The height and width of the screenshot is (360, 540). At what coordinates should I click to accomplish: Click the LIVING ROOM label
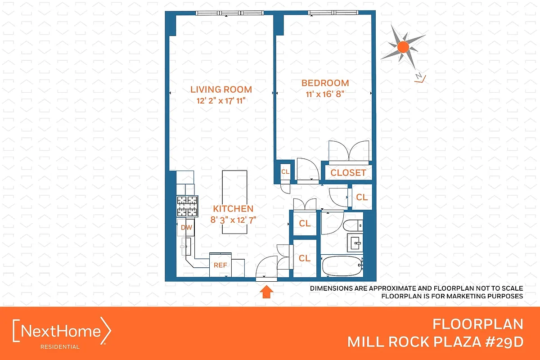click(x=221, y=89)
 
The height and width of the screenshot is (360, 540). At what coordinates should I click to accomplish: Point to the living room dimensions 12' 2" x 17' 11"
click(x=221, y=101)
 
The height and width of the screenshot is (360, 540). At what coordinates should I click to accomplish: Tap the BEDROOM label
click(x=325, y=83)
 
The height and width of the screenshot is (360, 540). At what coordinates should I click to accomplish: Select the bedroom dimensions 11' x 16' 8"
click(x=325, y=94)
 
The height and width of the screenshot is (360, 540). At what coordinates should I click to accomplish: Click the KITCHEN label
click(x=233, y=209)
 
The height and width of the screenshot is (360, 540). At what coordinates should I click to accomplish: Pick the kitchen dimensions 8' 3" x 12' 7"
click(x=233, y=220)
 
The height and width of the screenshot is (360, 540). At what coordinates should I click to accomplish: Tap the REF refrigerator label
click(x=220, y=265)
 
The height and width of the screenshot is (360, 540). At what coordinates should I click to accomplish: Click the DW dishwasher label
click(x=186, y=228)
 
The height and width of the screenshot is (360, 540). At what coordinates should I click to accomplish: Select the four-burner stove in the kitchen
click(x=187, y=207)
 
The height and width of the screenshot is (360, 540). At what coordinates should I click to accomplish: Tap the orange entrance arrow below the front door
click(x=266, y=292)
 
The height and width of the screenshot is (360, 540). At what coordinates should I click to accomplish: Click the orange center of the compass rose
click(x=403, y=46)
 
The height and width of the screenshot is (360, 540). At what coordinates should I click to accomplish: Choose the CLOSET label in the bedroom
click(x=348, y=173)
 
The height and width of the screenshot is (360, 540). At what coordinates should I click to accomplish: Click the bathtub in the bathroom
click(x=342, y=266)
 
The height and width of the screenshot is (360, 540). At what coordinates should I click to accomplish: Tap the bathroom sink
click(x=355, y=243)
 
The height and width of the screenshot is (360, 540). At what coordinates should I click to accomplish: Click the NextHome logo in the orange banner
click(x=62, y=332)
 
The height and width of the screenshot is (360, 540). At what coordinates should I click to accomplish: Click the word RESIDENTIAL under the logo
click(x=60, y=347)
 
